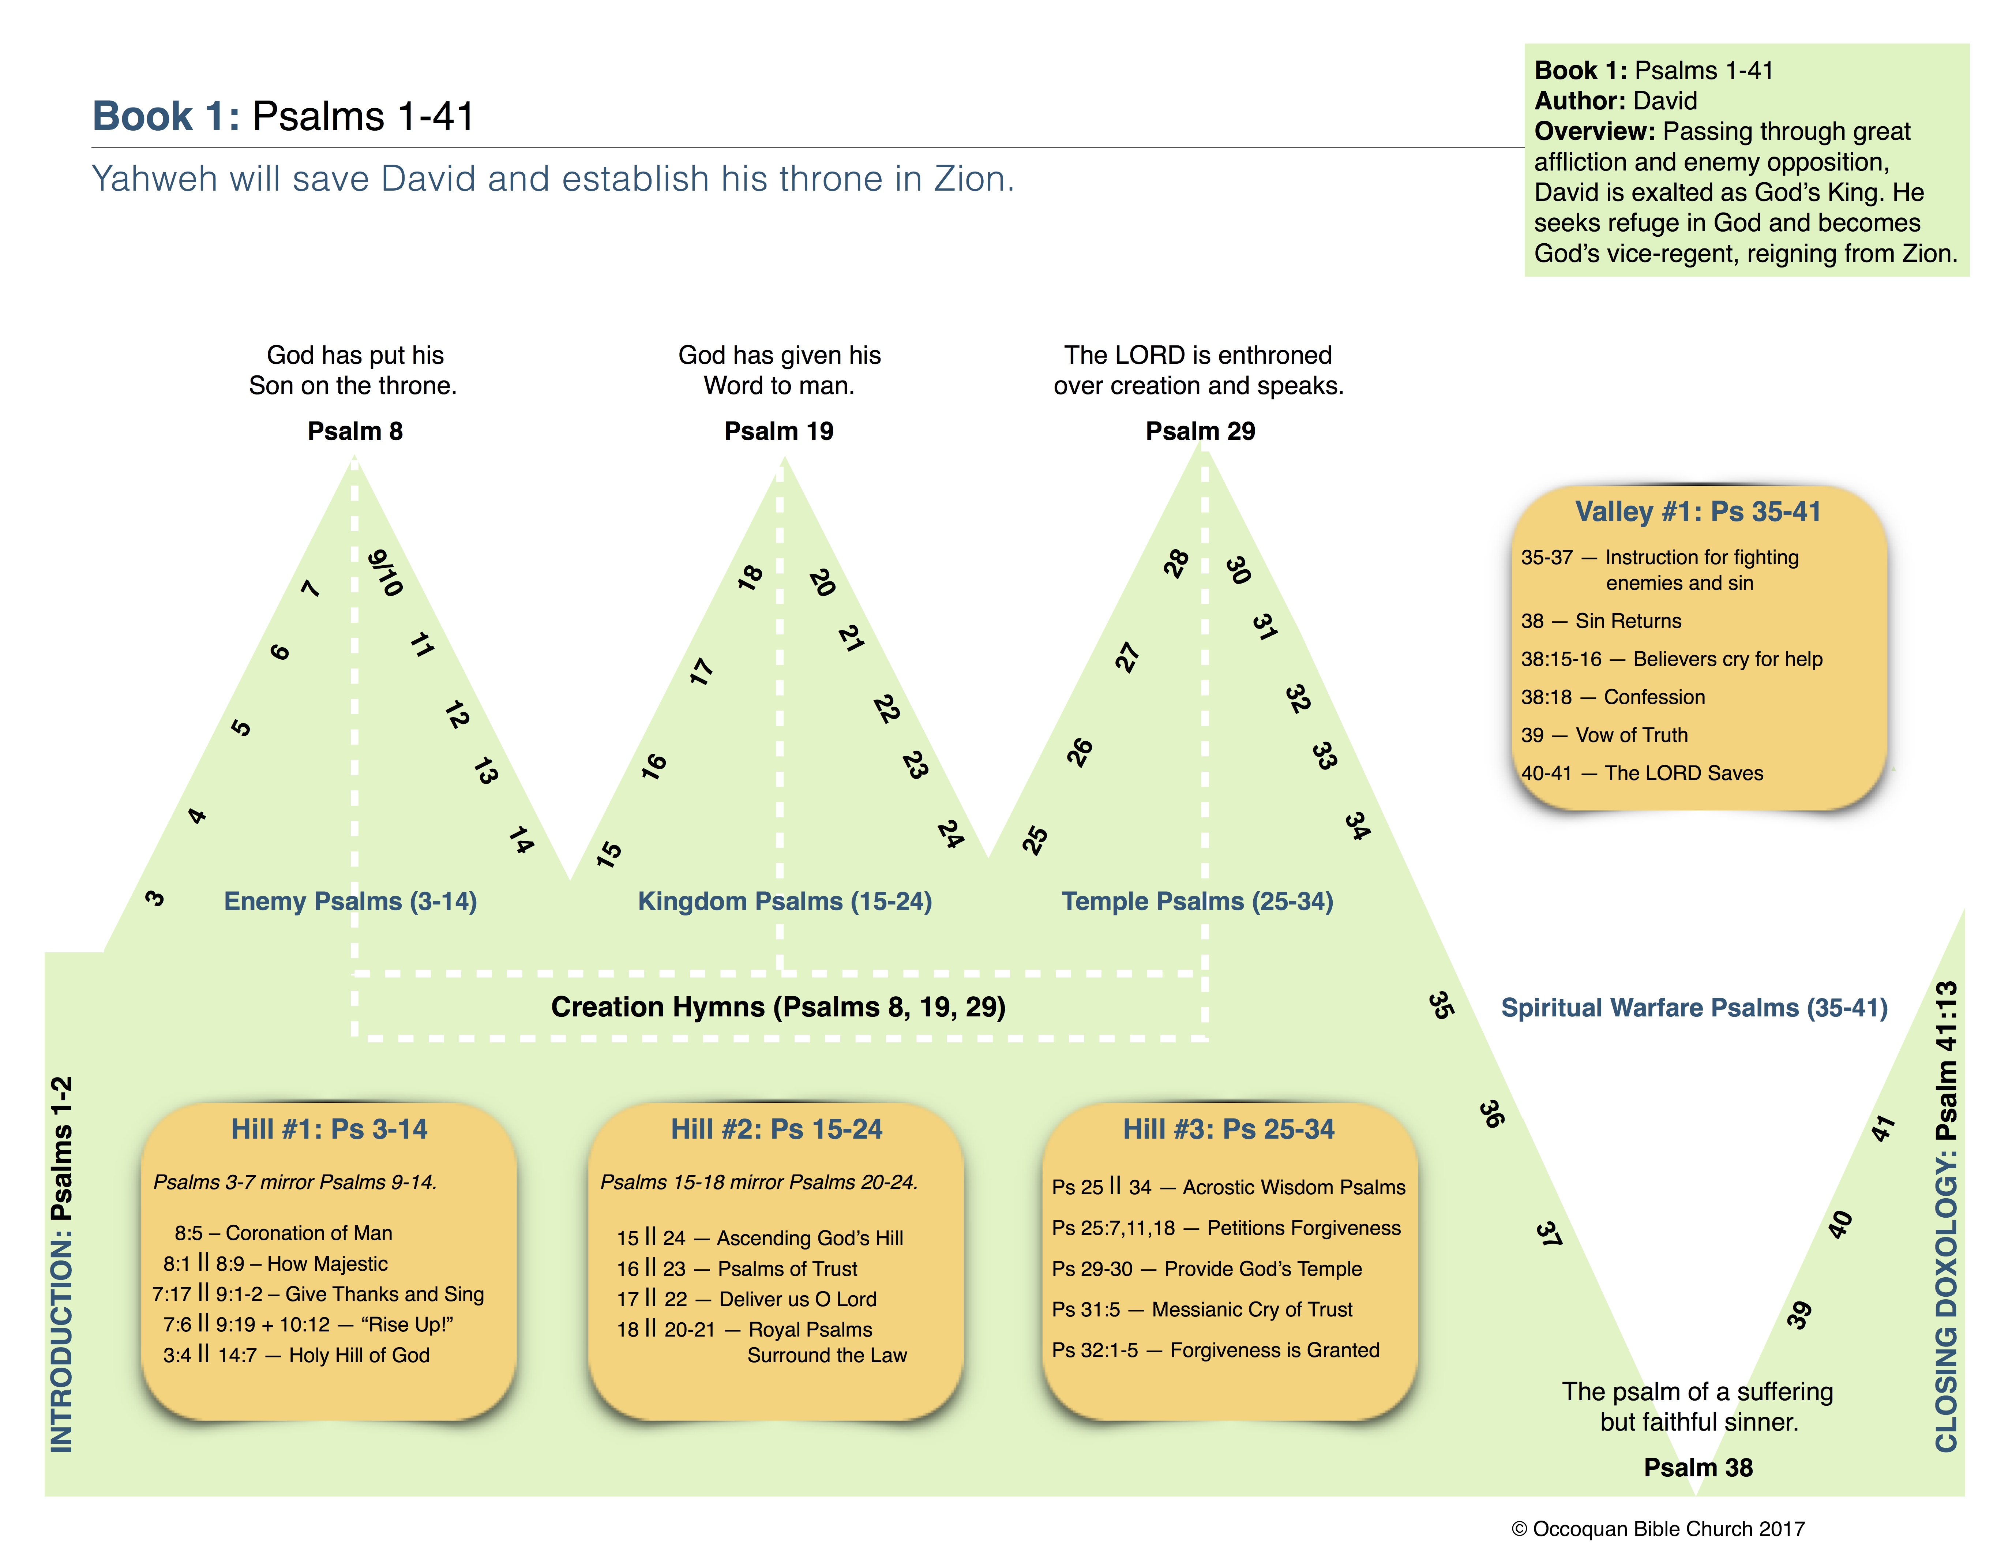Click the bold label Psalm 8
click(x=355, y=431)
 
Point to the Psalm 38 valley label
click(x=1698, y=1468)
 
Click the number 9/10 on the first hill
click(x=385, y=573)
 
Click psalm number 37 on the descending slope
click(x=1549, y=1233)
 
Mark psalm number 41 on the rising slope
click(x=1883, y=1128)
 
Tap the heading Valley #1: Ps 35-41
click(x=1698, y=512)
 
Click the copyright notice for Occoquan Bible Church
click(x=1657, y=1529)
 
